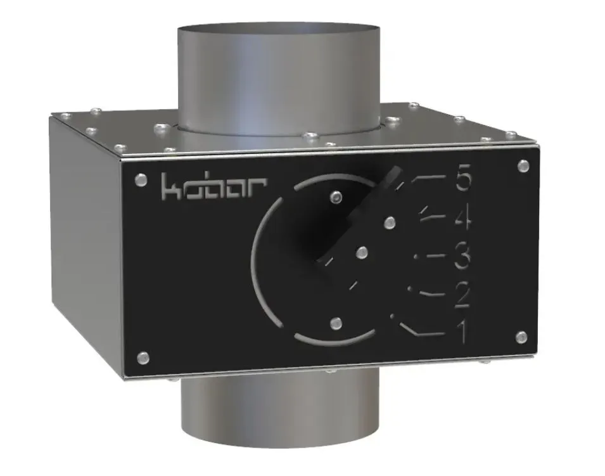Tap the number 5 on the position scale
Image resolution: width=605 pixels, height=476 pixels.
coord(463,180)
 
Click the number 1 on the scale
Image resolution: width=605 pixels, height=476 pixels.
coord(462,331)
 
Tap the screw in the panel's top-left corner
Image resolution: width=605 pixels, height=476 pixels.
coord(141,179)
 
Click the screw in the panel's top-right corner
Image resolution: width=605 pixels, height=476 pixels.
coord(523,166)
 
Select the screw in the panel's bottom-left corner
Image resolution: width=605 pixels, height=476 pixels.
coord(143,358)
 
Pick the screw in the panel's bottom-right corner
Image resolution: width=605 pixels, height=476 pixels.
coord(521,337)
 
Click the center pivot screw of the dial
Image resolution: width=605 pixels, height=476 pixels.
coord(361,252)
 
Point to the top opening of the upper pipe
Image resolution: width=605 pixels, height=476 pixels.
coord(278,32)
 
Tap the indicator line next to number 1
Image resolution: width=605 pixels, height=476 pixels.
coord(421,330)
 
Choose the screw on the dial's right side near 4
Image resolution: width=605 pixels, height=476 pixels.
coord(390,222)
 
